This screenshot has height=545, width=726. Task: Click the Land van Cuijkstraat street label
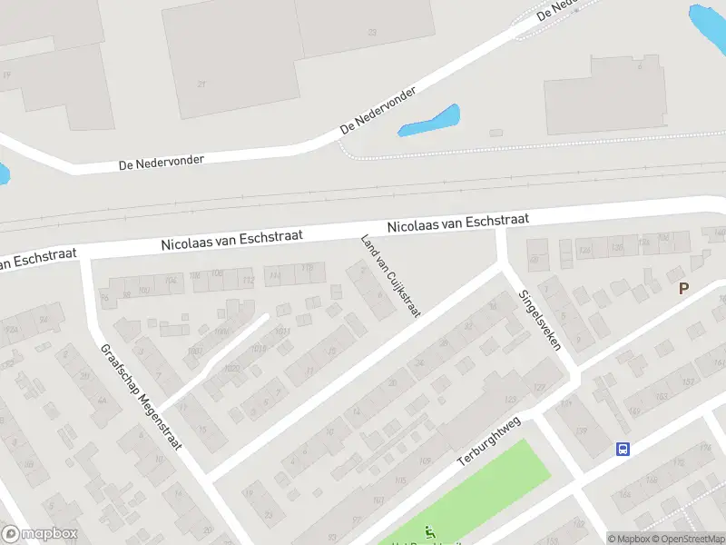(x=390, y=275)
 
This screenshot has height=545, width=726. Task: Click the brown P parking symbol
(x=683, y=288)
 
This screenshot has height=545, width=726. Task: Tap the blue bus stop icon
(x=623, y=449)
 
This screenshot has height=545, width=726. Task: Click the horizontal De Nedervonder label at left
(x=162, y=163)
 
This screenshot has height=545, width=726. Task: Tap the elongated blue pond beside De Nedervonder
(x=429, y=121)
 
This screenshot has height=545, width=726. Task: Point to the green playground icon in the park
(x=430, y=533)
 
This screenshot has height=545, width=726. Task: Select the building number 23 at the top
(x=372, y=32)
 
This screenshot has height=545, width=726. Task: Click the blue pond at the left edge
(x=4, y=173)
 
